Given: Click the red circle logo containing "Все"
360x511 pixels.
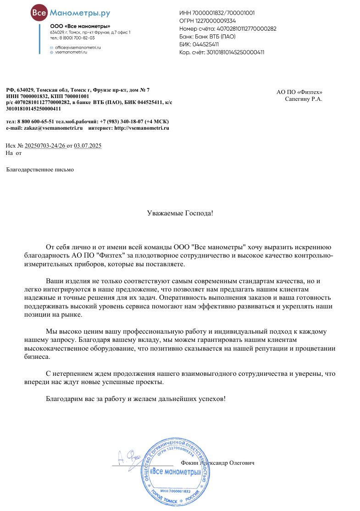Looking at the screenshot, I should point(38,14).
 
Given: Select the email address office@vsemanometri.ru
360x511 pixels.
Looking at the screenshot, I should point(78,47).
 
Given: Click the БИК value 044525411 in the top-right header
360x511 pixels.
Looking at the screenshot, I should point(205,44).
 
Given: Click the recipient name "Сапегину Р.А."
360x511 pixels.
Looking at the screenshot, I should point(303,99).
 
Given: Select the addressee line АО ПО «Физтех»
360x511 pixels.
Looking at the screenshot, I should point(303,92).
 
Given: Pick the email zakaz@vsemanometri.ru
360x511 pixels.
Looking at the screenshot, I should point(50,128).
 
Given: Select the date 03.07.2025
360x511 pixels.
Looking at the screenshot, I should point(88,146).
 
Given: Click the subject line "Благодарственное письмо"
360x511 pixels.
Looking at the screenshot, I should point(39,170).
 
